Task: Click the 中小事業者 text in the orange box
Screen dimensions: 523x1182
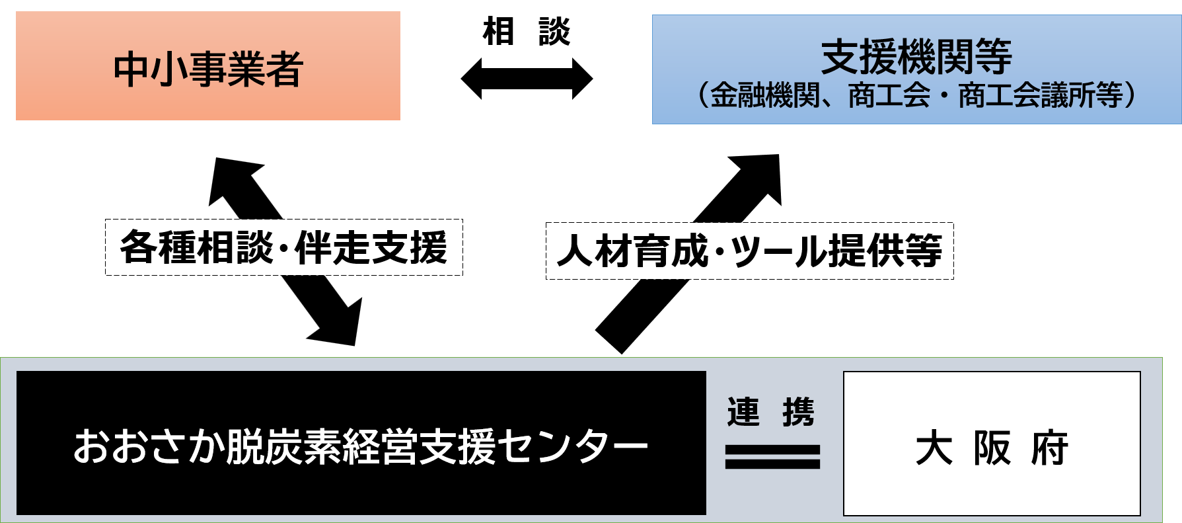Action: (208, 69)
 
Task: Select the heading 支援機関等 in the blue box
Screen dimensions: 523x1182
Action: (916, 57)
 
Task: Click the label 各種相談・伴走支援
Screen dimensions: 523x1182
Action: (283, 248)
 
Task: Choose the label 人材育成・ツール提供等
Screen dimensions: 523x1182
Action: (749, 251)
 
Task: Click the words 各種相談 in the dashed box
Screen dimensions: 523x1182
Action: (196, 248)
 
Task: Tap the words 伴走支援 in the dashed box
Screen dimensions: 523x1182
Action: (371, 248)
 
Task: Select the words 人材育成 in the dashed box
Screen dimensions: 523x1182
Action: (632, 251)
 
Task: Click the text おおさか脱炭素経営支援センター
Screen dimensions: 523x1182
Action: (361, 446)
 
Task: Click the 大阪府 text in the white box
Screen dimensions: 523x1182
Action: (992, 448)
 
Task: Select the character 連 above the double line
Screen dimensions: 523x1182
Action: (743, 412)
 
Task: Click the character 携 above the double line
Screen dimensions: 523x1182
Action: (798, 412)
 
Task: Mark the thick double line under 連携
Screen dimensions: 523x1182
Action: (772, 456)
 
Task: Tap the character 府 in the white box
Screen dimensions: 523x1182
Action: (1050, 448)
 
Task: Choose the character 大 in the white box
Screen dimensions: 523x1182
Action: (934, 448)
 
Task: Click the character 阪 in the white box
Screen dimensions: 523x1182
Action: (992, 448)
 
